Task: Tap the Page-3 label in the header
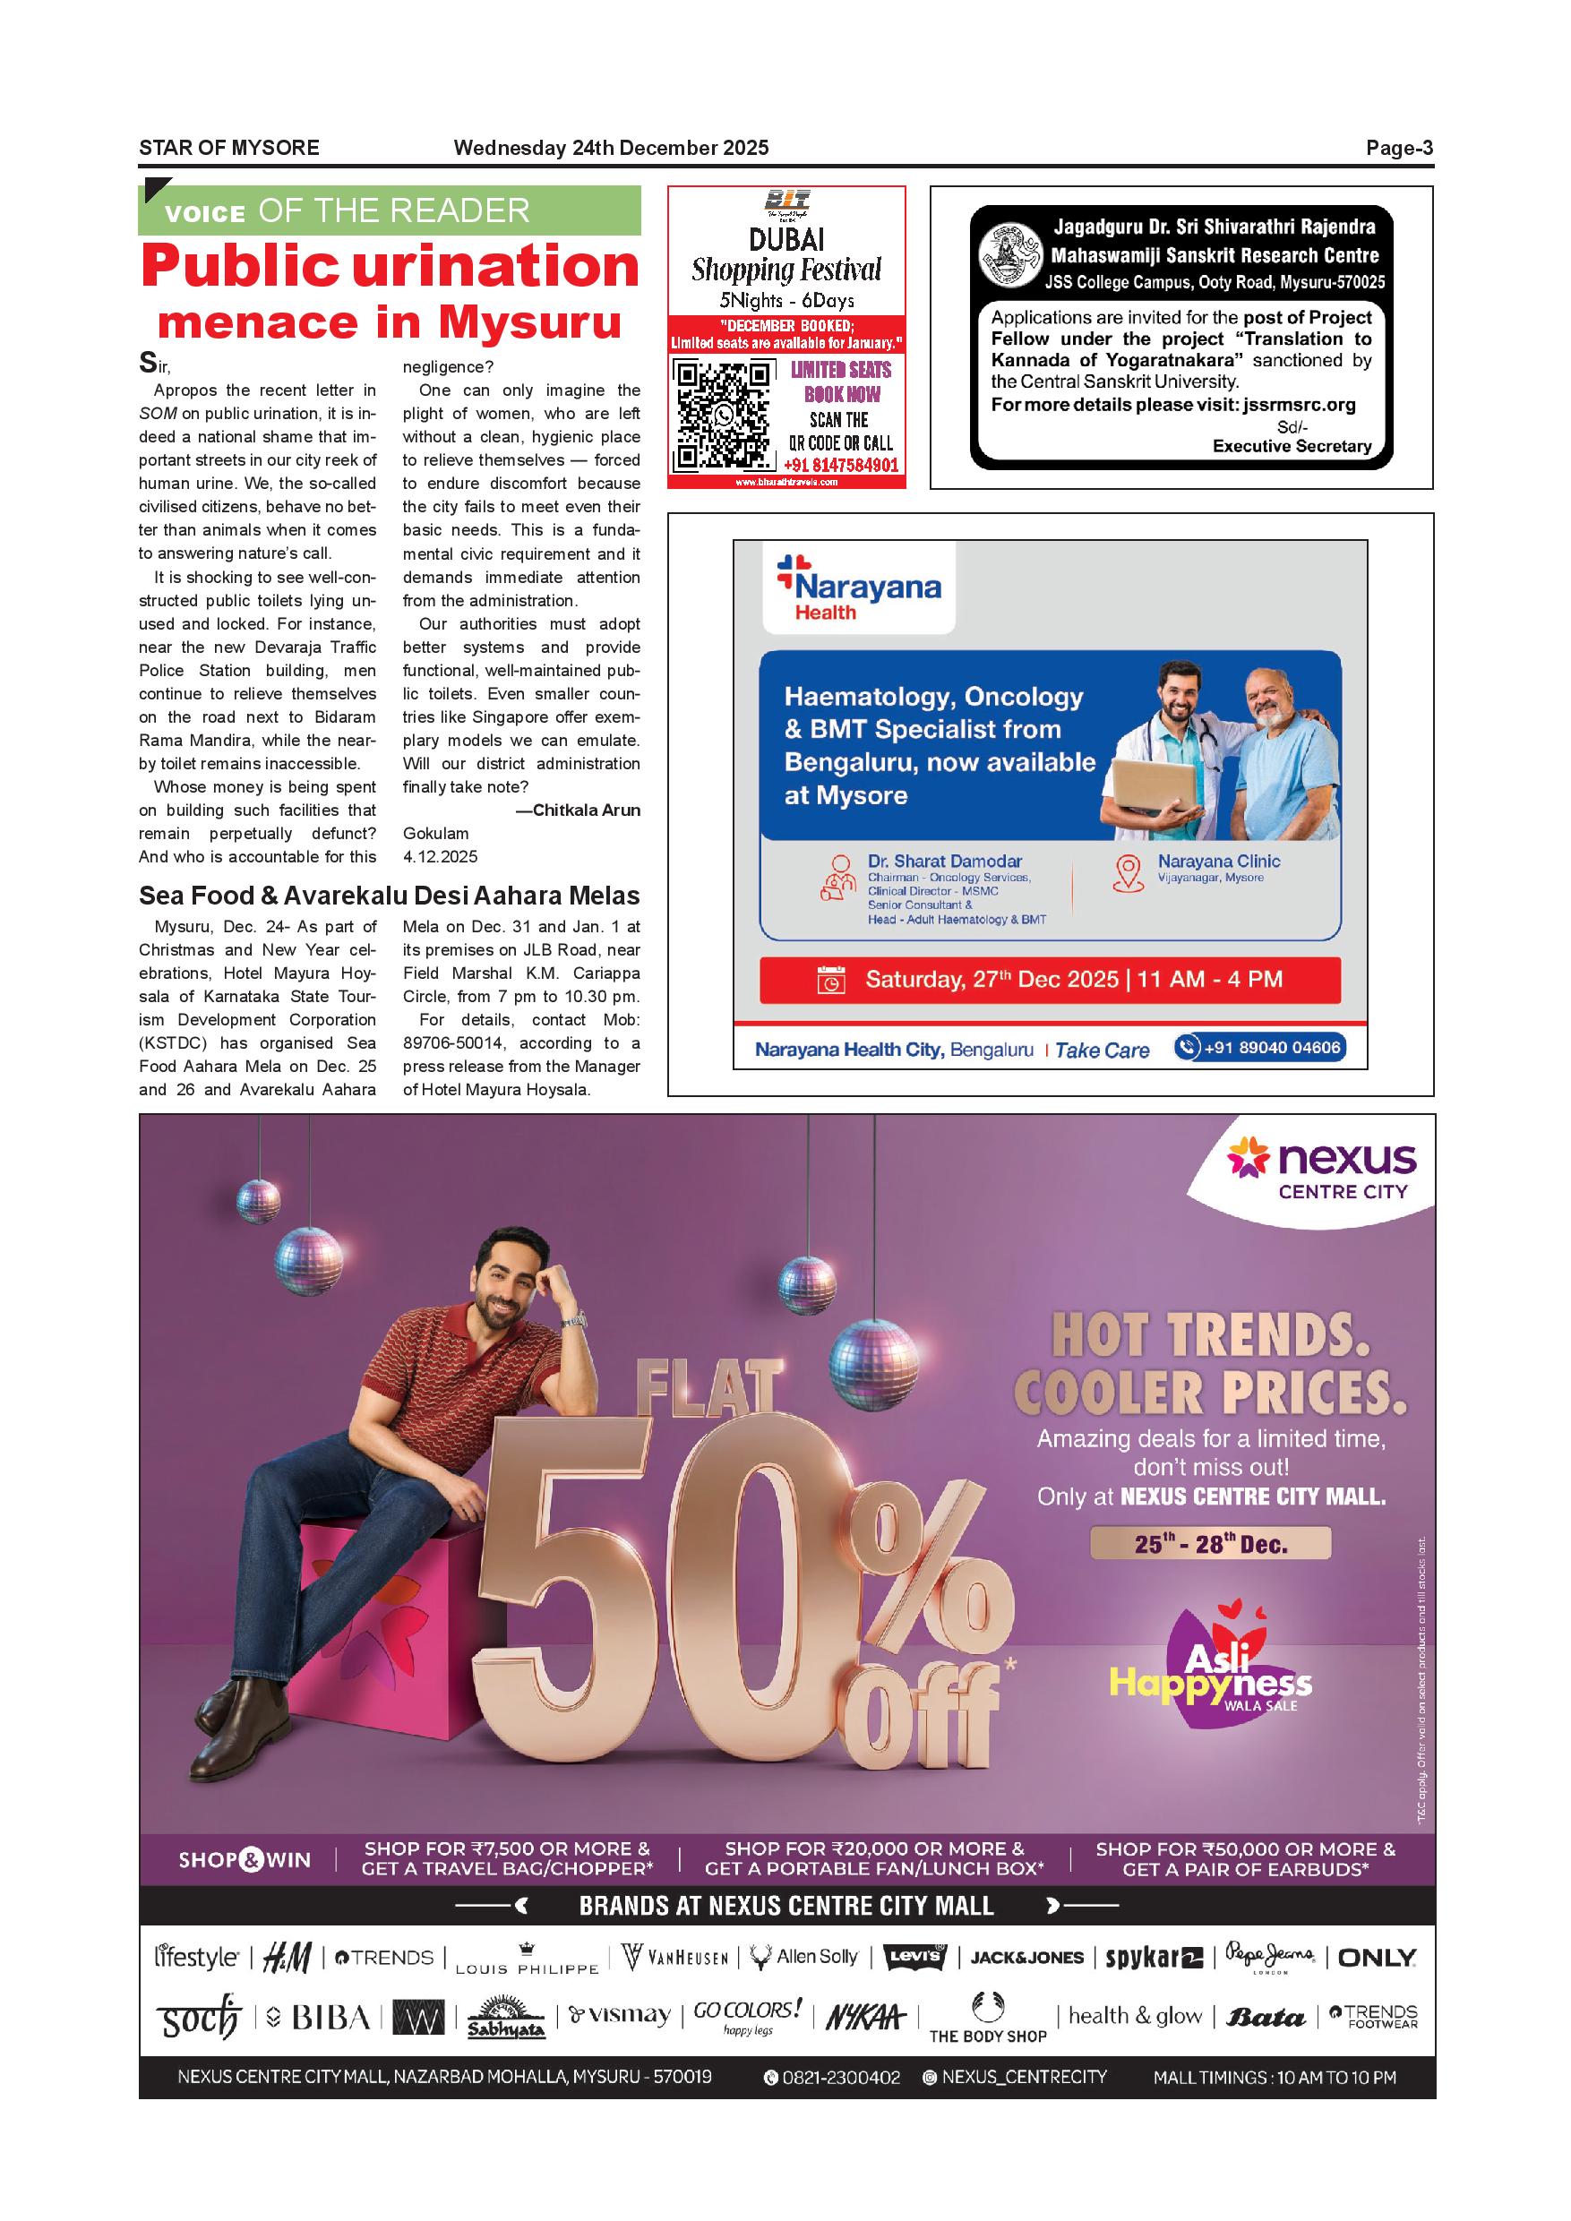1399,148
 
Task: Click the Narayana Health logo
859,588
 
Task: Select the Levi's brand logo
915,1957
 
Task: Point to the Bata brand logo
1266,2017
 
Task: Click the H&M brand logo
287,1957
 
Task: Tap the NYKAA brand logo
865,2016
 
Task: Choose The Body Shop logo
988,2018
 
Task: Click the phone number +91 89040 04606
1260,1048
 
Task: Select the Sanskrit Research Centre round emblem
1008,255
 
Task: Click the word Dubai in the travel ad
786,238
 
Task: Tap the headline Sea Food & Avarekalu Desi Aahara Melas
389,896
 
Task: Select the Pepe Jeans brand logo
1269,1956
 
